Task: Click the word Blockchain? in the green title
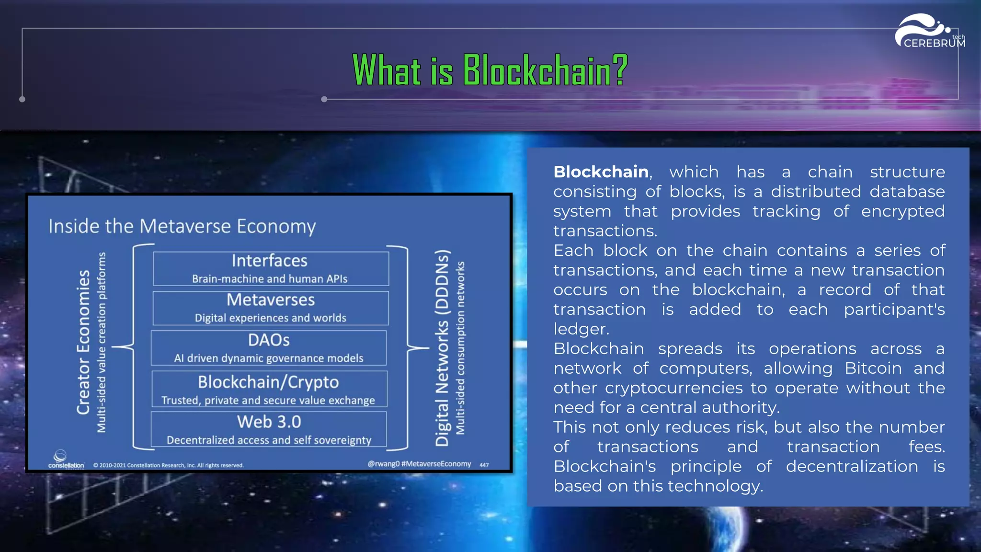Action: coord(545,70)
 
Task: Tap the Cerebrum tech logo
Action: coord(929,32)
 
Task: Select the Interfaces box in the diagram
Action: coord(271,268)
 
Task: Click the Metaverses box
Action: coord(271,308)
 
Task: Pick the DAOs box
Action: coord(269,348)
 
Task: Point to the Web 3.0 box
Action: coord(269,429)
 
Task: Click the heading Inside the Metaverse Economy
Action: coord(182,226)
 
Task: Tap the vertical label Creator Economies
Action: coord(83,342)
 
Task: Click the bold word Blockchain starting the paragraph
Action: coord(601,172)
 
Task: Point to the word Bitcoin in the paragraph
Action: coord(873,368)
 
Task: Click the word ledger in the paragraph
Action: coord(581,329)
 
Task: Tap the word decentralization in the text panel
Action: coord(852,467)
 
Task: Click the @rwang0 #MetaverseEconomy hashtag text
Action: coord(419,464)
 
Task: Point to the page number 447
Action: coord(484,465)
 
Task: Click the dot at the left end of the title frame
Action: coord(22,99)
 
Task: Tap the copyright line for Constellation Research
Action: coord(169,465)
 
